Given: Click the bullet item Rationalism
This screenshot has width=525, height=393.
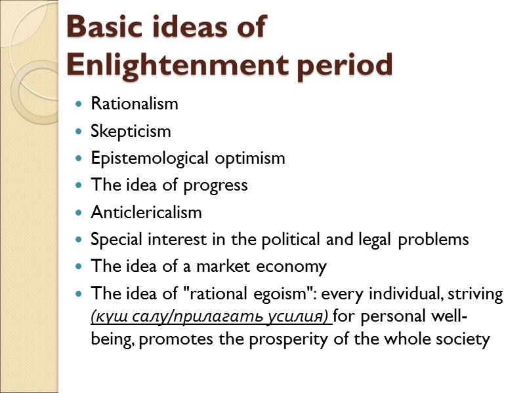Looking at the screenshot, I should (x=134, y=103).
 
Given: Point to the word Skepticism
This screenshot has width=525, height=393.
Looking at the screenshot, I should (x=131, y=131).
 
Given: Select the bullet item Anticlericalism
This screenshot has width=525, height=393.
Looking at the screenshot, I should (x=146, y=212).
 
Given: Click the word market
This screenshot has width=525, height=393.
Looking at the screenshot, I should (x=227, y=267).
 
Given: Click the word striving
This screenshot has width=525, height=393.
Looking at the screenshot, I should (x=477, y=295).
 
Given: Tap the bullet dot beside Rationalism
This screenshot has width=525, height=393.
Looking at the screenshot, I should (x=79, y=104).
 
